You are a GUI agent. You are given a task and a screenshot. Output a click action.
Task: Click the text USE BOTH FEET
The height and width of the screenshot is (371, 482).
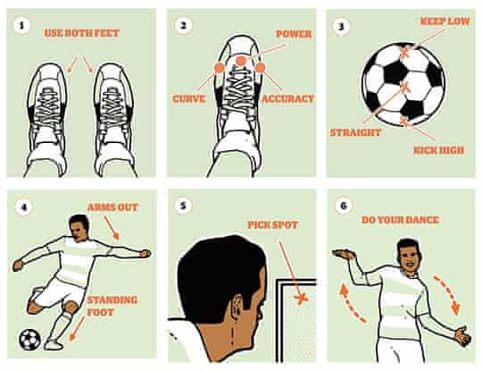(x=81, y=33)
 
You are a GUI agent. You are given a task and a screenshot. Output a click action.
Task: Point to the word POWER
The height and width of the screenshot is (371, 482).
(x=293, y=33)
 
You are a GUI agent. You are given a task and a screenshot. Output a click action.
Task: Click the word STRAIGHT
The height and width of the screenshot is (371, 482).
(x=356, y=132)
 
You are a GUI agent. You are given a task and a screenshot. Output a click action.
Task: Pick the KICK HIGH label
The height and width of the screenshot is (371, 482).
(x=438, y=149)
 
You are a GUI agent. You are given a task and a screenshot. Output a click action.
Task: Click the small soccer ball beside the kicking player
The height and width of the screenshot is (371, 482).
(x=29, y=341)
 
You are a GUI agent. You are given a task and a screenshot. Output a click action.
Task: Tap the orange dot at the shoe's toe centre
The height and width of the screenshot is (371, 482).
(x=239, y=61)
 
